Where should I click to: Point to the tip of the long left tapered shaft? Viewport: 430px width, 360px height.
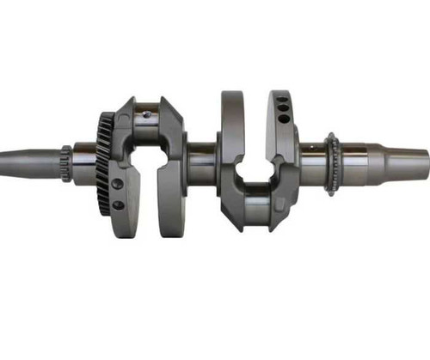3,158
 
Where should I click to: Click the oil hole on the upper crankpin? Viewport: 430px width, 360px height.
146,112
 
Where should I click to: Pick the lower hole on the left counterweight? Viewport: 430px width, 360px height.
118,205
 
